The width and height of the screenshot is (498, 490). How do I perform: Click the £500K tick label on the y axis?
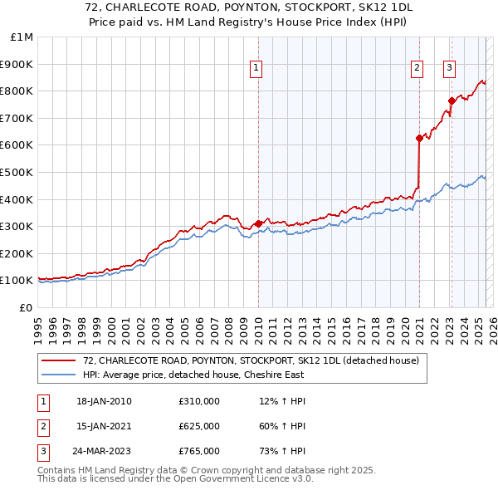click(x=17, y=172)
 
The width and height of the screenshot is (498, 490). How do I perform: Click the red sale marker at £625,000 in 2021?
click(x=419, y=139)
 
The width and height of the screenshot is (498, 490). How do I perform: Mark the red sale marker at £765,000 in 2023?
click(x=452, y=100)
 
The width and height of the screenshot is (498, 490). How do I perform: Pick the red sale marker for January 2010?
click(x=258, y=223)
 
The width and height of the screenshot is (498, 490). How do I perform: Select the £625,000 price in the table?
click(x=199, y=426)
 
